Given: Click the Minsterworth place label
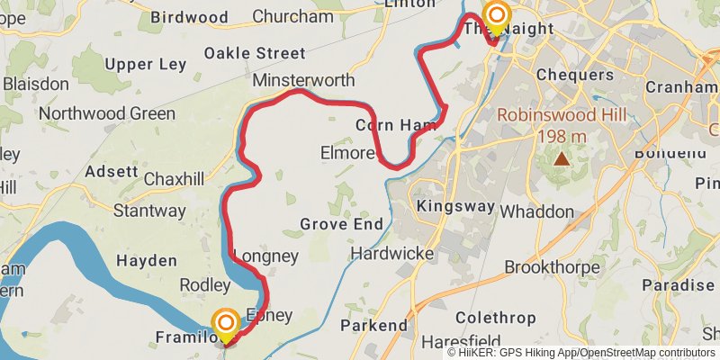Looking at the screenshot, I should click(x=303, y=80).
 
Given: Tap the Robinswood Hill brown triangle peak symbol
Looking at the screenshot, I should click(x=562, y=159).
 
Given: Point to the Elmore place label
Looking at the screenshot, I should click(x=346, y=154).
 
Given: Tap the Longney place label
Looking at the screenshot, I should click(x=265, y=256).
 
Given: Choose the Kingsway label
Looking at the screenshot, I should click(x=456, y=206).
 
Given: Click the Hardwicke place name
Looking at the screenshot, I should click(x=392, y=253).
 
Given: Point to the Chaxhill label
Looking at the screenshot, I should click(x=175, y=178).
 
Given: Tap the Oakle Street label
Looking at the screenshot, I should click(x=255, y=53).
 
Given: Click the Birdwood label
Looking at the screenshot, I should click(x=189, y=17).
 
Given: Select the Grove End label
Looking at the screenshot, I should click(x=341, y=224).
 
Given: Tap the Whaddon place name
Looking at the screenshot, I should click(x=535, y=211).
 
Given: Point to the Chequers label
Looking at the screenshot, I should click(x=575, y=74).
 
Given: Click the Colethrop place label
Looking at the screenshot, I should click(x=496, y=318).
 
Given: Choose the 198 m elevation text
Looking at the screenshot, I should click(x=562, y=137).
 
